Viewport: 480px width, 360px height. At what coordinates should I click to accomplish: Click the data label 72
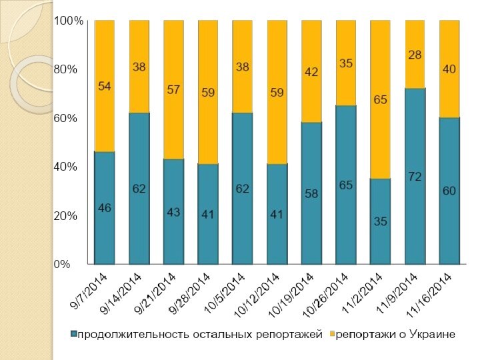[x=415, y=177]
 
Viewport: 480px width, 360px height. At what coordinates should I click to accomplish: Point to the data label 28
[x=415, y=55]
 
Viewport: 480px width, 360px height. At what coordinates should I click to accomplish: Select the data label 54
[x=105, y=87]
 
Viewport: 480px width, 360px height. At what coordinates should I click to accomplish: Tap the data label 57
[x=173, y=90]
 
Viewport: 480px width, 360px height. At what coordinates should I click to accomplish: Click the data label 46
[x=105, y=208]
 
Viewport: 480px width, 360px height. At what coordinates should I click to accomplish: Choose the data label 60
[x=449, y=191]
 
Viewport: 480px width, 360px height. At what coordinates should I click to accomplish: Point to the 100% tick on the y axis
[x=69, y=21]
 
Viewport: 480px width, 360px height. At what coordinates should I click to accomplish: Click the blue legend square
[x=75, y=333]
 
